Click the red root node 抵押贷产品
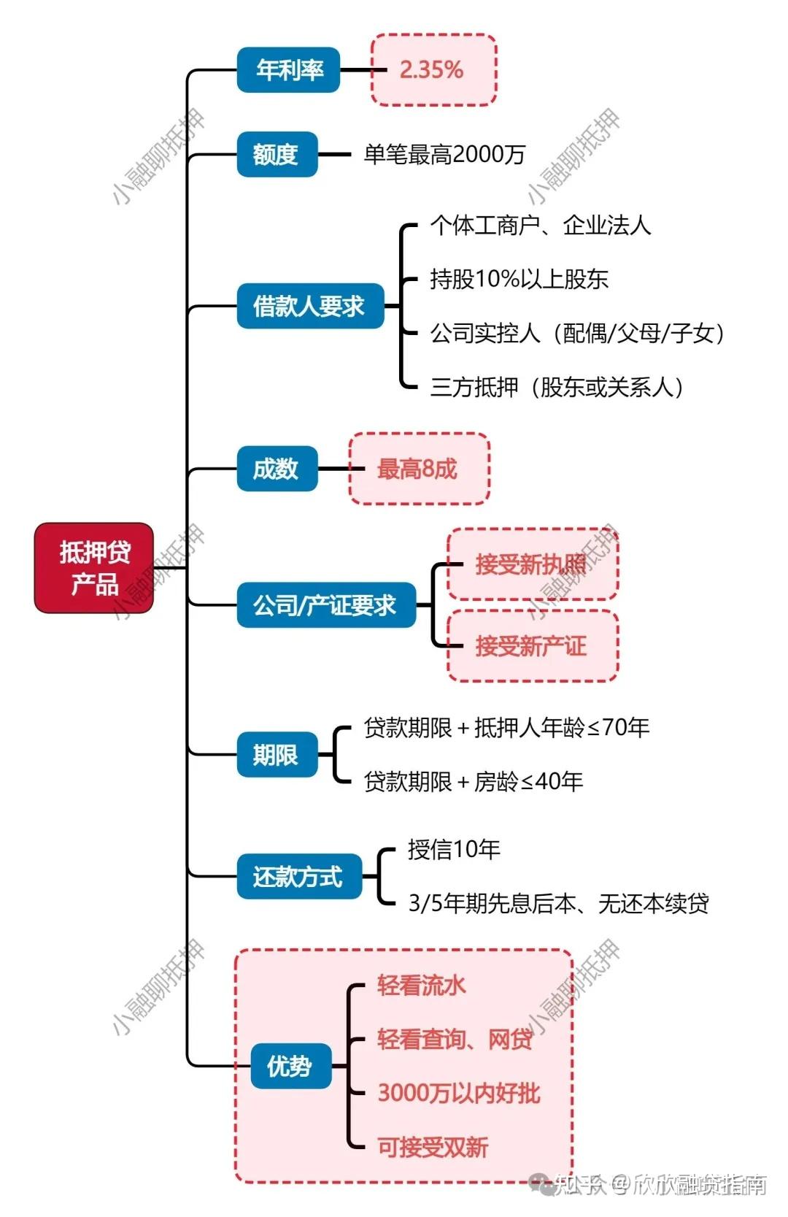(x=94, y=568)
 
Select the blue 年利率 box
(x=289, y=70)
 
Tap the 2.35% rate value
(x=432, y=70)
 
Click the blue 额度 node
(x=277, y=154)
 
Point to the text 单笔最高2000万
(x=444, y=154)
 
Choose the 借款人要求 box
(x=309, y=306)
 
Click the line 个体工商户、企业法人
(x=541, y=226)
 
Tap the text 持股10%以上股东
(x=519, y=279)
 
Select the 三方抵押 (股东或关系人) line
(x=557, y=387)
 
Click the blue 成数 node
(x=277, y=469)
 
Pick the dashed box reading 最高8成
(x=418, y=469)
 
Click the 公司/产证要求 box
(x=325, y=605)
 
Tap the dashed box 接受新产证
(x=532, y=646)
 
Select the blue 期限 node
(x=277, y=754)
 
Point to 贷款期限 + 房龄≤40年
(x=474, y=782)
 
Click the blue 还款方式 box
(x=298, y=876)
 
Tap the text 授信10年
(x=454, y=849)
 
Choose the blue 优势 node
(x=290, y=1067)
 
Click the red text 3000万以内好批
(x=458, y=1093)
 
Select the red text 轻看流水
(x=421, y=986)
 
